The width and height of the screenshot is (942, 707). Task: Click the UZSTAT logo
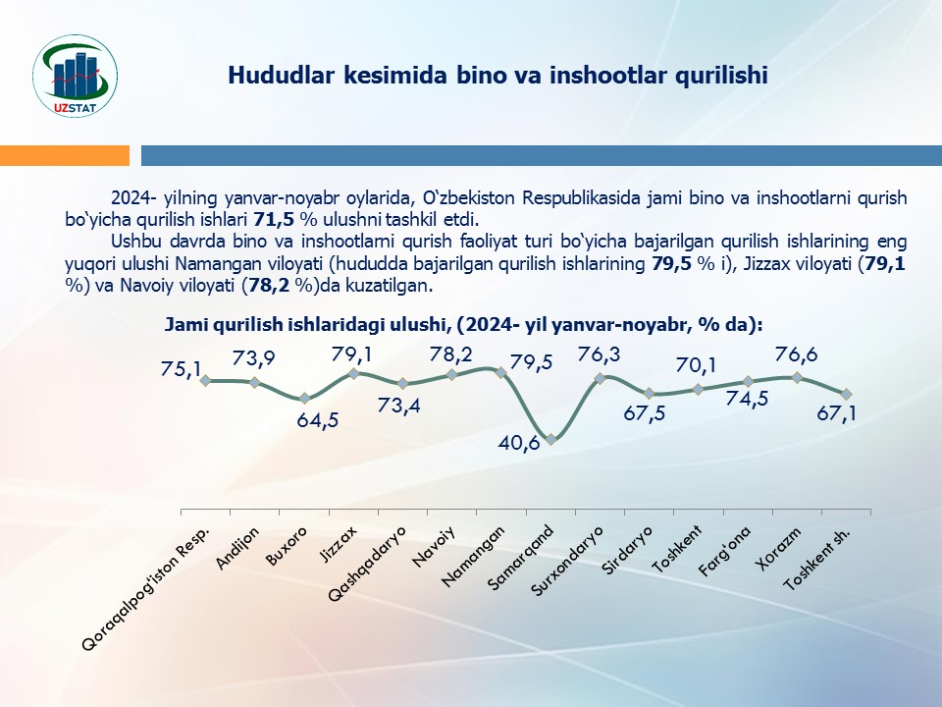[x=76, y=76]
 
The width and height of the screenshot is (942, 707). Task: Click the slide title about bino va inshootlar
[x=498, y=76]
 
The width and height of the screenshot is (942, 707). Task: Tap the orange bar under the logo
[x=65, y=155]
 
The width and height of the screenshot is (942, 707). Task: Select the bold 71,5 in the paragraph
[x=273, y=219]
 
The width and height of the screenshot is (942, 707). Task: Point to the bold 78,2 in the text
[x=267, y=286]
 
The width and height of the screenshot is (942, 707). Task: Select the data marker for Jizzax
[x=354, y=373]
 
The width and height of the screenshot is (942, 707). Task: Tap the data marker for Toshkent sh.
[x=846, y=394]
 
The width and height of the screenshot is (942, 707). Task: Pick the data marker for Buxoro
[x=304, y=398]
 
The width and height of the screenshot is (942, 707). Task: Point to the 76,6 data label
[x=796, y=355]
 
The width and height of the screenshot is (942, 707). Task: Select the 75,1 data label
[x=182, y=369]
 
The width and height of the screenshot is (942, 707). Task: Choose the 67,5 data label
[x=645, y=413]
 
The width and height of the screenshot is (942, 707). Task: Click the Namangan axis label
[x=473, y=556]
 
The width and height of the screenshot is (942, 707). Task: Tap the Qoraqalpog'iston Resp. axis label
[x=146, y=589]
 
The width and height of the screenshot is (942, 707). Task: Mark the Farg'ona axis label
[x=725, y=551]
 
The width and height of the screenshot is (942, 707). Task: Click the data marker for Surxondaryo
[x=600, y=378]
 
